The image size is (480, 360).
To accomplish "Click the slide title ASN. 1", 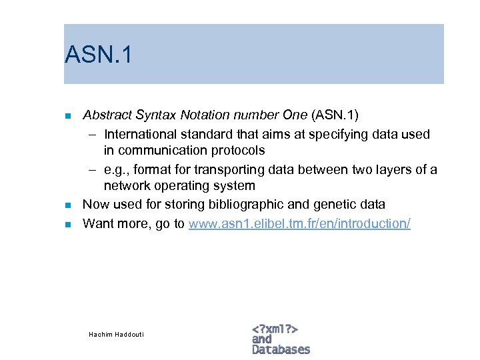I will point(99,55).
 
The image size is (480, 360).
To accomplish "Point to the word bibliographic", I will point(226,205).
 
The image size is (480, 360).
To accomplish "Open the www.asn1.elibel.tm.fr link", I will point(299,223).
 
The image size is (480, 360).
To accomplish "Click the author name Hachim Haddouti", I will point(116,333).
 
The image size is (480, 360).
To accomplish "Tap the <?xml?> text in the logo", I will point(275,329).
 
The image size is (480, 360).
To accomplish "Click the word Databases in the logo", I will point(281,349).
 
